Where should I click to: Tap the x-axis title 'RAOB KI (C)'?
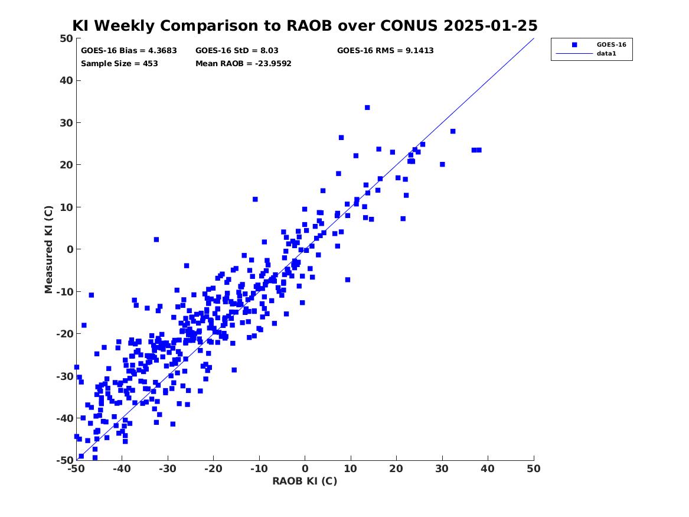click(x=305, y=481)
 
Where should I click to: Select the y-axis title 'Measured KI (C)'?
click(x=48, y=249)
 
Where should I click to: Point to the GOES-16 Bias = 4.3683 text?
click(x=129, y=51)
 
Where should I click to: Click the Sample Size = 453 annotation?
click(x=119, y=63)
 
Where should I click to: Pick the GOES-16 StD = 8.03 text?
click(x=237, y=51)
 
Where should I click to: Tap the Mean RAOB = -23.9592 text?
click(x=243, y=63)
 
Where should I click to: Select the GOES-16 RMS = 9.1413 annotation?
click(x=386, y=51)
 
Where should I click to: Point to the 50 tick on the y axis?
click(x=66, y=38)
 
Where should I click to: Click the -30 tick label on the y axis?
click(x=64, y=376)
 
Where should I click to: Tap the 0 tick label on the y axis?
click(x=70, y=249)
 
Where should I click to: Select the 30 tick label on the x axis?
click(x=442, y=469)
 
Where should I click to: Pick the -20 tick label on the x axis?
click(x=213, y=469)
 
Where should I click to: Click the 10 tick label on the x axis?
click(x=351, y=469)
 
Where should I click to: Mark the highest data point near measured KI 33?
click(x=367, y=108)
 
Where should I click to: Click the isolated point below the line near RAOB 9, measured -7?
click(x=348, y=279)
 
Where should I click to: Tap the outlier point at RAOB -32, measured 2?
click(x=156, y=240)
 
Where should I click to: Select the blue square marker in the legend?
click(x=574, y=45)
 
